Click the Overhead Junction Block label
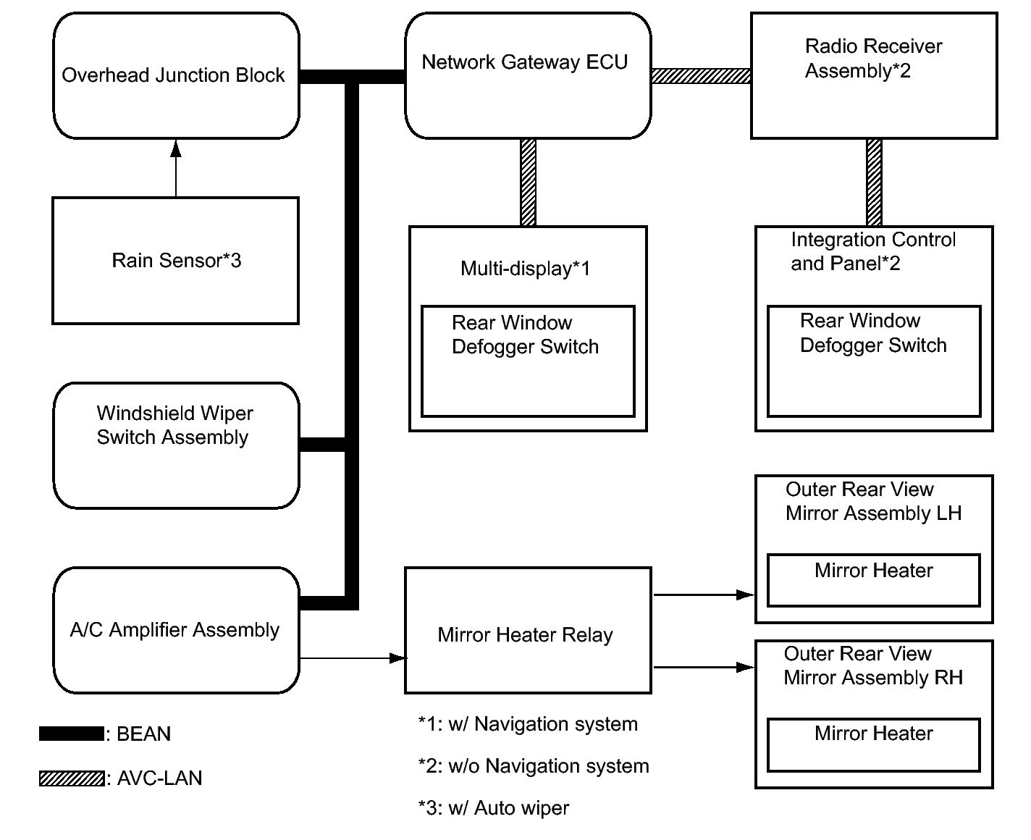173,75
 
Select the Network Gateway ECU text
525,62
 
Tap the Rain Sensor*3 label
176,261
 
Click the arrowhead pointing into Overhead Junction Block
176,148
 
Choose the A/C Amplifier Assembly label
174,630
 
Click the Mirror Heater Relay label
525,635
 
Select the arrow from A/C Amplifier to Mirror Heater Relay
353,658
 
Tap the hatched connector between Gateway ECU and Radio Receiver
701,76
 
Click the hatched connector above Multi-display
528,182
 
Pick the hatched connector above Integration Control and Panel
874,182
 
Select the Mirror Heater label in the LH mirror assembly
874,571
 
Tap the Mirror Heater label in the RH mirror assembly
874,734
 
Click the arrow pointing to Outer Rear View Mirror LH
704,595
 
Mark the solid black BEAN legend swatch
72,734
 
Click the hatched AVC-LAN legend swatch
72,778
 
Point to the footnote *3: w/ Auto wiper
494,808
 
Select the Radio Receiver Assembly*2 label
873,59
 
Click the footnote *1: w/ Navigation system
528,724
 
